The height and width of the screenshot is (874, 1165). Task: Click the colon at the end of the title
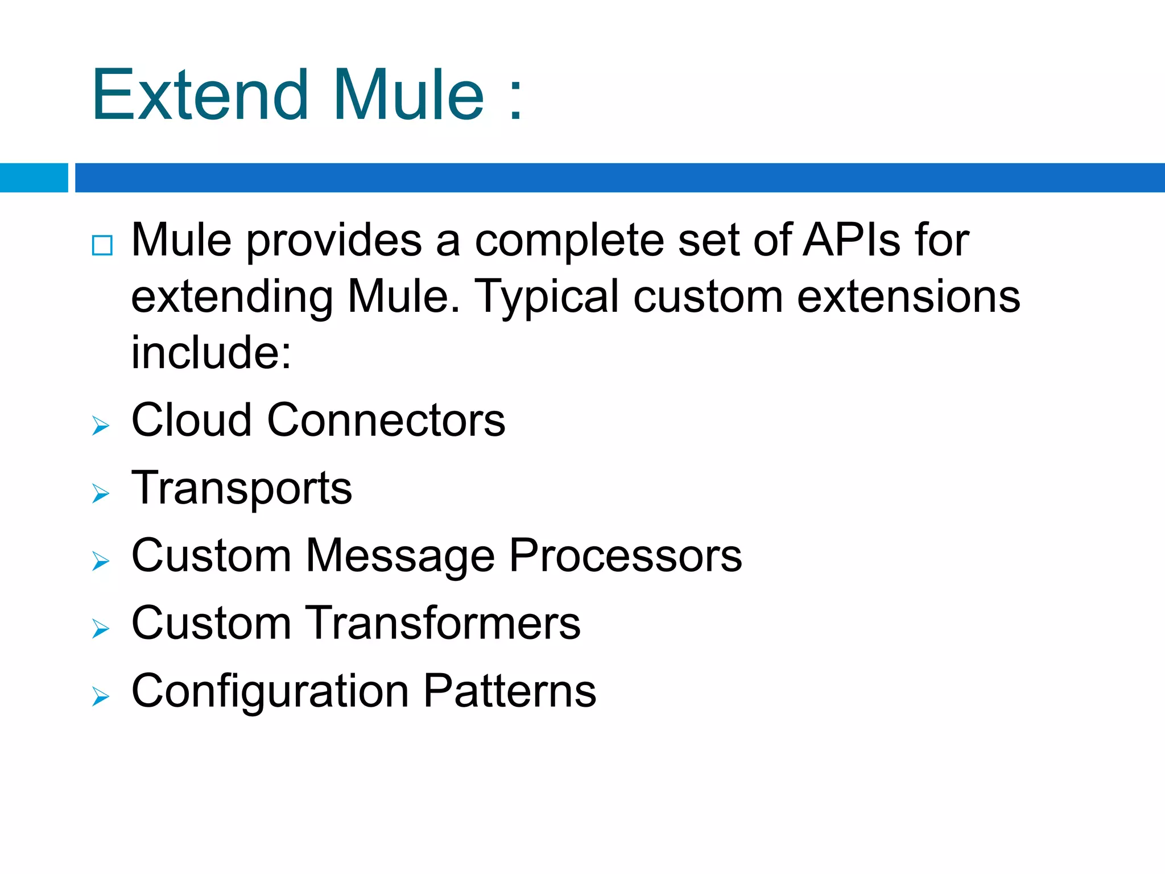pos(515,100)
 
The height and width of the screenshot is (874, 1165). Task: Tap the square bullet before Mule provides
pos(102,245)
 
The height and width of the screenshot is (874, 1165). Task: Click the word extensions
pos(908,297)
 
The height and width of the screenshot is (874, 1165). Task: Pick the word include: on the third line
pos(211,352)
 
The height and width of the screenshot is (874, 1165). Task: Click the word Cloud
pos(191,420)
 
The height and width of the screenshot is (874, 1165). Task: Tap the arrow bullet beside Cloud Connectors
pos(100,426)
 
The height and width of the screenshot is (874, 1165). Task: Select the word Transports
pos(242,488)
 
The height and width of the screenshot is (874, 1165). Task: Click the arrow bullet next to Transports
pos(100,493)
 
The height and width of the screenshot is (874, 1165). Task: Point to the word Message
pos(400,556)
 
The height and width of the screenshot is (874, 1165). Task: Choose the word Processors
pos(625,556)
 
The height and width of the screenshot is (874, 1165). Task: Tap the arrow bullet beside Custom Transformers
pos(100,629)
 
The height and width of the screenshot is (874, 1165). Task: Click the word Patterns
pos(510,691)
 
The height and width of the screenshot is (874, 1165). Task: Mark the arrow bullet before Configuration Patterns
pos(100,696)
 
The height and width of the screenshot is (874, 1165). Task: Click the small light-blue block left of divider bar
pos(34,178)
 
